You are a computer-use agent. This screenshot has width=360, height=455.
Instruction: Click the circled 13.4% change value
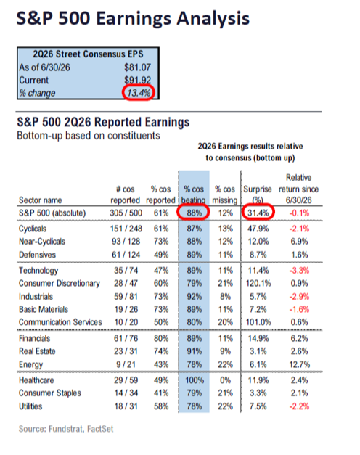(x=139, y=93)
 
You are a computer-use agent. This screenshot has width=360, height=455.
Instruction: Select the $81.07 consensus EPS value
(x=137, y=67)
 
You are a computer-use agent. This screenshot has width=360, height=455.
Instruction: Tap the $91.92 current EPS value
(x=137, y=80)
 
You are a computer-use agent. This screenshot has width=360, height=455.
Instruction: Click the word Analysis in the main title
(x=213, y=19)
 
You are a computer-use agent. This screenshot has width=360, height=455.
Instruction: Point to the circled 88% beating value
(x=194, y=213)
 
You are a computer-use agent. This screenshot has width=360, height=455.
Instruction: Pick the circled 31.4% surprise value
(x=258, y=213)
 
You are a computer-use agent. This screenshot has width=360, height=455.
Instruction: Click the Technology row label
(x=38, y=271)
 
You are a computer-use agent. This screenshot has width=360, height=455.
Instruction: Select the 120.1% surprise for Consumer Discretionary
(x=258, y=283)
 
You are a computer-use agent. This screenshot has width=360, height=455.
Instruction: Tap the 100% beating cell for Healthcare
(x=195, y=380)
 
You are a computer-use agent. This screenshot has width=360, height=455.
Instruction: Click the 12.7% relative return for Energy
(x=299, y=364)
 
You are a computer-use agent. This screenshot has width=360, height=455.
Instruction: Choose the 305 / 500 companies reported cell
(x=126, y=213)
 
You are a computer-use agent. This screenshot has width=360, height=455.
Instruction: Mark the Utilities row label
(x=30, y=406)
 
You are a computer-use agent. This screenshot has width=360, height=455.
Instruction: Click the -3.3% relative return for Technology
(x=299, y=271)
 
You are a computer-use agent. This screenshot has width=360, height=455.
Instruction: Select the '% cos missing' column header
(x=225, y=194)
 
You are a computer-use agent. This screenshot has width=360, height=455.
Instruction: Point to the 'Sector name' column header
(x=41, y=200)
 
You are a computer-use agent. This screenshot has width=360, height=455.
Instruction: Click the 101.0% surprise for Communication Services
(x=258, y=322)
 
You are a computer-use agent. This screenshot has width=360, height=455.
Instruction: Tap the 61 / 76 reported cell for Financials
(x=126, y=338)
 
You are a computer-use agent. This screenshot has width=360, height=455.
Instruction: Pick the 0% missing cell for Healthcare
(x=225, y=380)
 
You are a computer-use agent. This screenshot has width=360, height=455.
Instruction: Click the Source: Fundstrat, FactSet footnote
(x=66, y=429)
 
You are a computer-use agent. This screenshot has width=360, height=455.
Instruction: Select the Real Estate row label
(x=37, y=351)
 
